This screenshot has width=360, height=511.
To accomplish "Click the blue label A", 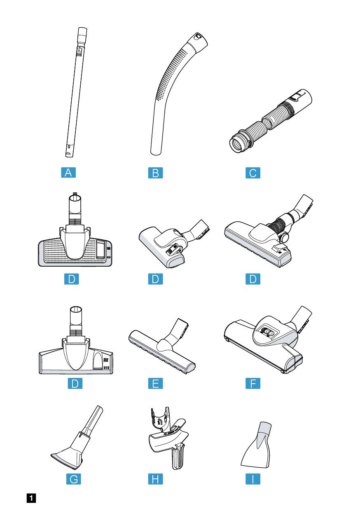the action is coord(68,172).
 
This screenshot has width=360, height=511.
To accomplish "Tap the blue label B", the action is coord(155,173).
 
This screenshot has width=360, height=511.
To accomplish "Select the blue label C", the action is coord(253,173).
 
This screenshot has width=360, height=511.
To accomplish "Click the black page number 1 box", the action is coord(31,498).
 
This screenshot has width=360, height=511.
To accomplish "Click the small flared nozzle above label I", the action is coord(257,445).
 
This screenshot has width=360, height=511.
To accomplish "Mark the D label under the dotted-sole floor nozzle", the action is coord(72,279).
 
